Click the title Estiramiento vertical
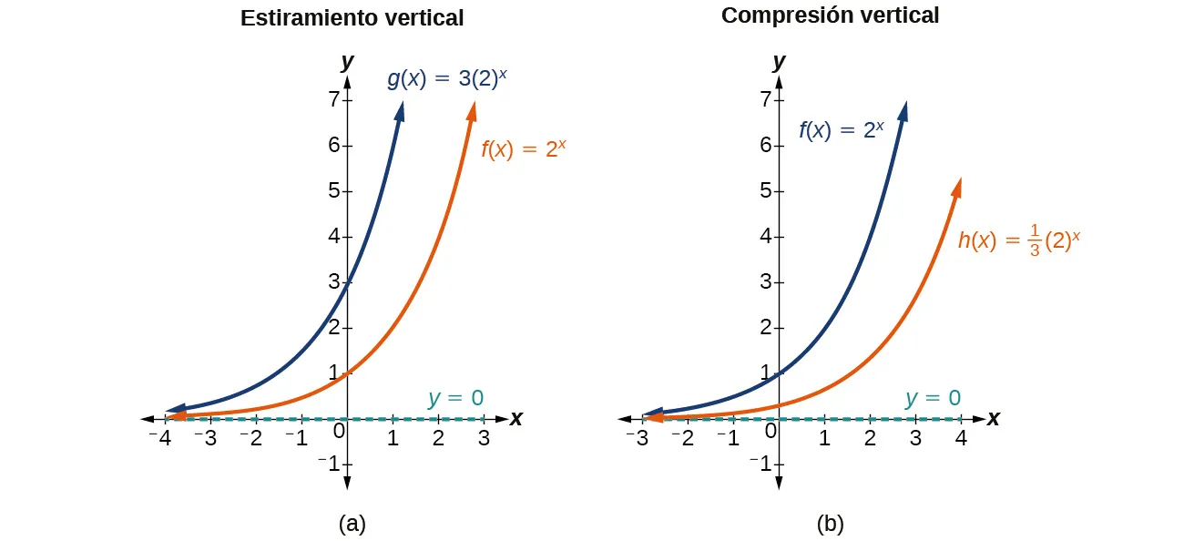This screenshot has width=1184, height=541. point(352,18)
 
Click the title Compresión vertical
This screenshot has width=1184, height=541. point(830,15)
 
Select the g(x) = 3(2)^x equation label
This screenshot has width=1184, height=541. point(446,78)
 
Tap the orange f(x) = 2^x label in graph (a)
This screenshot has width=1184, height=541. point(524,149)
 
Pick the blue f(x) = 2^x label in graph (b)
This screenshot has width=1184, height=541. point(841,130)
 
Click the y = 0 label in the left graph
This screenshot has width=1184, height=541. point(455,398)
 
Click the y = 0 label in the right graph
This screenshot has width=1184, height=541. point(933,398)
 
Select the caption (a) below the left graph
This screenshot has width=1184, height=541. point(352,524)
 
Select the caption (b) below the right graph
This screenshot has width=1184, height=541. point(830,524)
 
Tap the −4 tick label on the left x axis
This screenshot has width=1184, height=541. point(160,438)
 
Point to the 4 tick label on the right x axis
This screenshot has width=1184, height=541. point(961,438)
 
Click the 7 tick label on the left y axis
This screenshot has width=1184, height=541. point(333,99)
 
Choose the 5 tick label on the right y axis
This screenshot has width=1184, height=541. point(766,191)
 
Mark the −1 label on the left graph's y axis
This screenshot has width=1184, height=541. point(328,464)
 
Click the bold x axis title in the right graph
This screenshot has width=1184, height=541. point(993,419)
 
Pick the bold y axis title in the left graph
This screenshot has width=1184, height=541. point(346,62)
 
